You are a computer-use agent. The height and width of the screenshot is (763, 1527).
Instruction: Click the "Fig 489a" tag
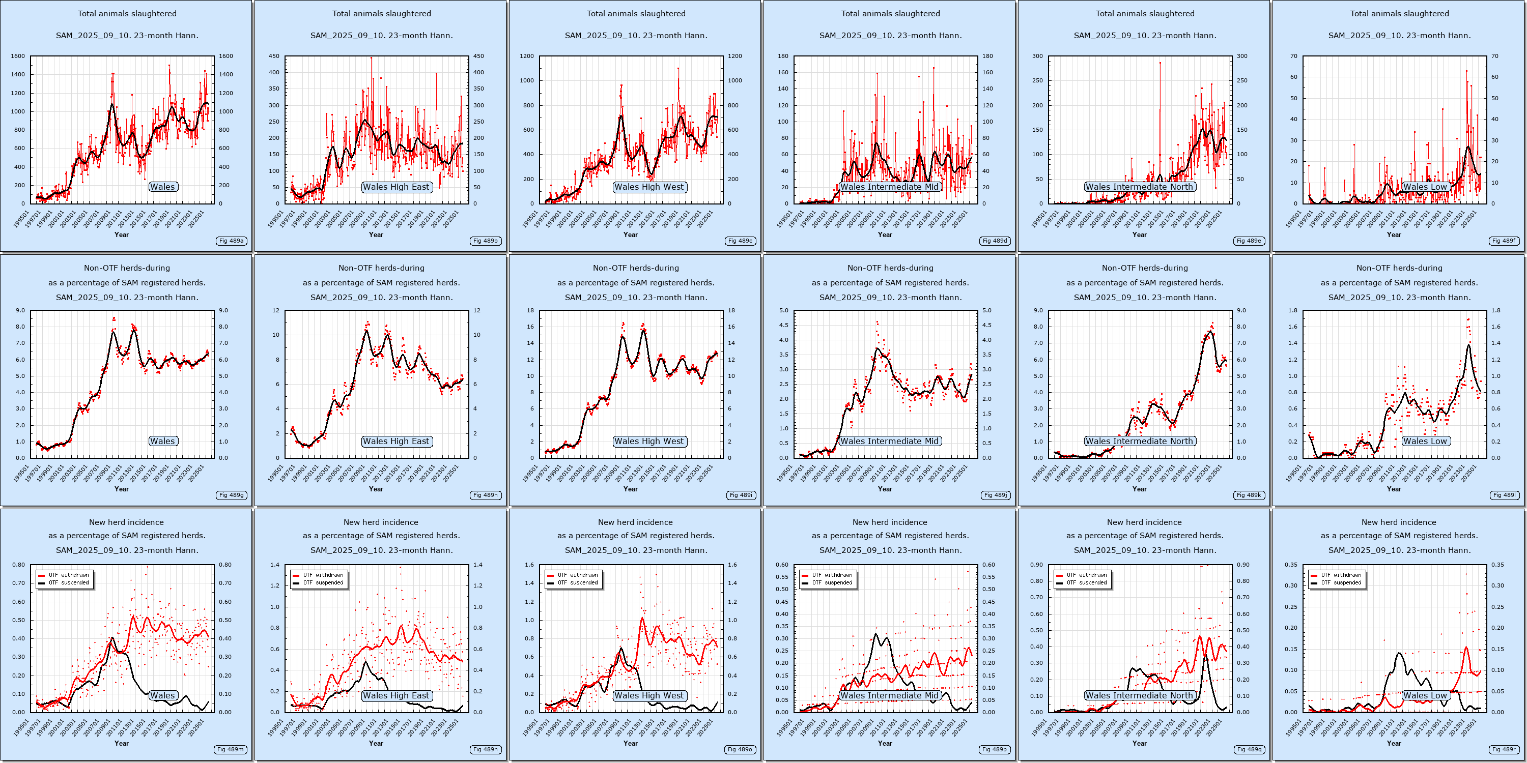[x=231, y=241]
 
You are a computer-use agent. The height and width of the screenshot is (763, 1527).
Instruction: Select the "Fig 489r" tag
[x=1504, y=749]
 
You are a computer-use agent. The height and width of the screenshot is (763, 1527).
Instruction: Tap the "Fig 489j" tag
[x=995, y=495]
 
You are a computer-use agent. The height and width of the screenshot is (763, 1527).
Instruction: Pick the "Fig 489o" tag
[x=741, y=749]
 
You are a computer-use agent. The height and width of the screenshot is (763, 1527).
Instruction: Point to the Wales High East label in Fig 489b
[x=396, y=187]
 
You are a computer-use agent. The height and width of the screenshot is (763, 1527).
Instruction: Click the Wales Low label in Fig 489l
[x=1425, y=442]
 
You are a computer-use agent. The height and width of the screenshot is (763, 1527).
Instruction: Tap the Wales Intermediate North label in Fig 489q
[x=1139, y=695]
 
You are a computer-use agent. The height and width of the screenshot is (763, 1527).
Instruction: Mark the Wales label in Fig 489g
[x=162, y=442]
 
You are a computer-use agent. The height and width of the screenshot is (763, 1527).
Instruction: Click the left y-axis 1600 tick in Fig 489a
[x=18, y=56]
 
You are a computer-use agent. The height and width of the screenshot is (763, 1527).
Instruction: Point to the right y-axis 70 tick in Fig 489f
[x=1494, y=56]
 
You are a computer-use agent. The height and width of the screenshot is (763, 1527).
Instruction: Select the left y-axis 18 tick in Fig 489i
[x=530, y=310]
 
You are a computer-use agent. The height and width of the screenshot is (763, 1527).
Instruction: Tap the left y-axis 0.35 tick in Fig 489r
[x=1291, y=565]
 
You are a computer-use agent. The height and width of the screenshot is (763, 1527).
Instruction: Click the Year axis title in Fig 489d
[x=885, y=234]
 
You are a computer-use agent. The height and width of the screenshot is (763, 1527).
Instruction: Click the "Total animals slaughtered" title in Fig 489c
[x=635, y=14]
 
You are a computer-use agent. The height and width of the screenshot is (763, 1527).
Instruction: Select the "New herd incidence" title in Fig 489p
[x=890, y=522]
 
